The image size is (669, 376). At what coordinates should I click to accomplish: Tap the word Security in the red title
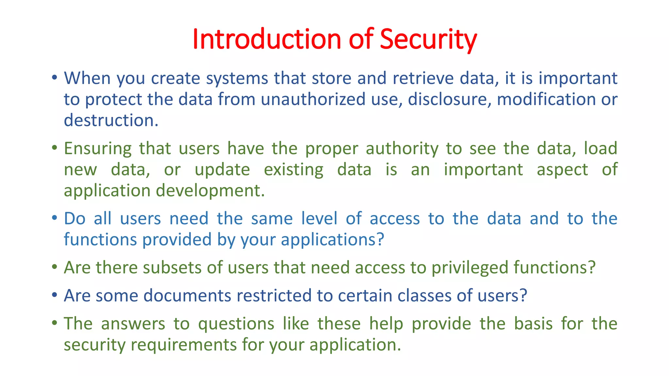[428, 39]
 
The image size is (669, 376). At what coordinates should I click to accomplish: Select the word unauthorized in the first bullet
[313, 99]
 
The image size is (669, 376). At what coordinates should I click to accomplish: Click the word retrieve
[423, 78]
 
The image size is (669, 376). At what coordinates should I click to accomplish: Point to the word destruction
[111, 120]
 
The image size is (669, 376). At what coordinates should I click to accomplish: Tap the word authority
[402, 149]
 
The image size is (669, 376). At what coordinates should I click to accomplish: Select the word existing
[293, 170]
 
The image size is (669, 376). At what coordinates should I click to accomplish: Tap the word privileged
[470, 268]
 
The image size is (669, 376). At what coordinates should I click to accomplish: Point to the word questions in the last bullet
[236, 324]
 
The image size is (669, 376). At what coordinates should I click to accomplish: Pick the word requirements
[184, 345]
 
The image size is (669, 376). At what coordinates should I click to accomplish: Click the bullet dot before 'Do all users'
[55, 218]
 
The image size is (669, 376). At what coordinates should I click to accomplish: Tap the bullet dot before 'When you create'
[55, 78]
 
